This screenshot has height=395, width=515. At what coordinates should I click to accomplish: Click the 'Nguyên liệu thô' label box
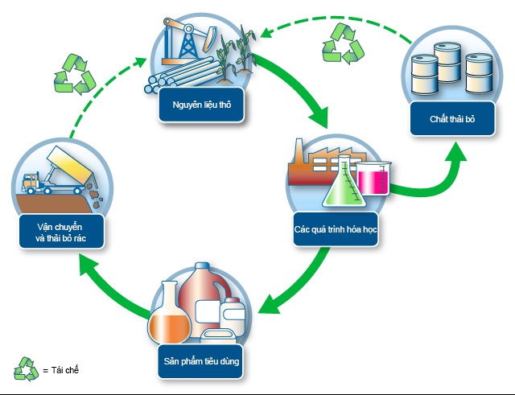pyautogui.click(x=201, y=105)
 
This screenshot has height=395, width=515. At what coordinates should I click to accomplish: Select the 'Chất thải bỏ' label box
pyautogui.click(x=452, y=118)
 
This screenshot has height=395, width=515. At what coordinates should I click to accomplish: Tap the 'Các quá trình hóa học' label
pyautogui.click(x=336, y=228)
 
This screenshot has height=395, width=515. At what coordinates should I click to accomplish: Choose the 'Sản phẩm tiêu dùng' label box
pyautogui.click(x=200, y=361)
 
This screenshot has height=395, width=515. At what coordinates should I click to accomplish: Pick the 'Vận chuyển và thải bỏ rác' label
pyautogui.click(x=61, y=232)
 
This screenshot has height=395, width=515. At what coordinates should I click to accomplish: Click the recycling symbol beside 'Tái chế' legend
pyautogui.click(x=27, y=369)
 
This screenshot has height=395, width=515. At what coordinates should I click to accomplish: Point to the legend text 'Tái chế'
pyautogui.click(x=65, y=370)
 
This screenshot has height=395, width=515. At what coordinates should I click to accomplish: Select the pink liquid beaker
pyautogui.click(x=373, y=179)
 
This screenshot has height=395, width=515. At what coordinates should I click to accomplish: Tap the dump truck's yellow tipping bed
pyautogui.click(x=70, y=163)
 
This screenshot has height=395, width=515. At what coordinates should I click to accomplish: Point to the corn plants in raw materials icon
pyautogui.click(x=236, y=54)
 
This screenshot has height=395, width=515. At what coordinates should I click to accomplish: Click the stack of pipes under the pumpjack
pyautogui.click(x=183, y=76)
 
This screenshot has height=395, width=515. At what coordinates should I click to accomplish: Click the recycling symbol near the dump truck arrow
pyautogui.click(x=75, y=75)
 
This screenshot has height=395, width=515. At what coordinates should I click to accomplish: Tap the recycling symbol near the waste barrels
pyautogui.click(x=343, y=43)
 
